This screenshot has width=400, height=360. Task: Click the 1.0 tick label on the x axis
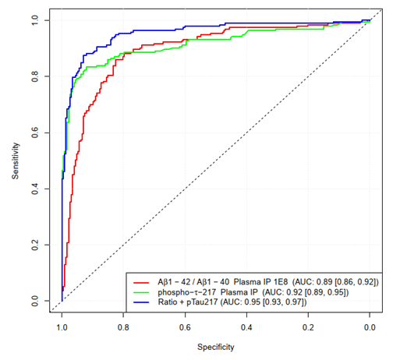click(x=62, y=327)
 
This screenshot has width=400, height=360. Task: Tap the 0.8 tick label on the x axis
click(x=123, y=327)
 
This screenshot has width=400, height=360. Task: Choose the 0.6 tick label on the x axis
click(x=185, y=327)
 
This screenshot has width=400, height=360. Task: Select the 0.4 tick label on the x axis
click(x=246, y=327)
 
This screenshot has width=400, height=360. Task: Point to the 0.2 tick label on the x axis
click(x=308, y=327)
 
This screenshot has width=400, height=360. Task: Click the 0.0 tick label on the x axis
click(x=370, y=327)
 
